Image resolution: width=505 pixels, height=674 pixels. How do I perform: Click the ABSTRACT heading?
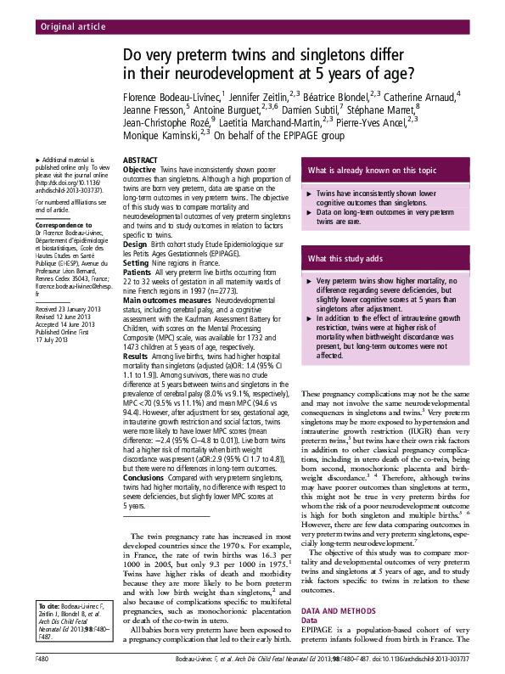(139, 160)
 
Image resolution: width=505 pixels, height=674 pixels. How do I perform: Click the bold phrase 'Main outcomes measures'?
(166, 301)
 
